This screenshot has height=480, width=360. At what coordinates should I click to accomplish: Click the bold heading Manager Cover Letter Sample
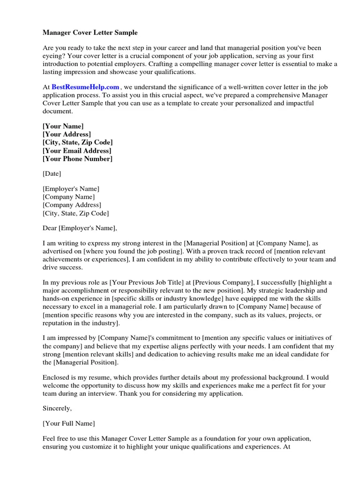[90, 33]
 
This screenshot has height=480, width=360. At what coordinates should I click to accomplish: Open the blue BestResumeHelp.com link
[85, 87]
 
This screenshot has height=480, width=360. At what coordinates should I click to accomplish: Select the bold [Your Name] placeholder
[63, 127]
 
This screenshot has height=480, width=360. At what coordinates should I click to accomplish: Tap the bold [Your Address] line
[67, 135]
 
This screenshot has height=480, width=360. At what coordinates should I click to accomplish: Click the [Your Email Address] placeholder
[77, 151]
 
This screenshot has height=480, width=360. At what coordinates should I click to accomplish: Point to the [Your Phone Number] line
[77, 159]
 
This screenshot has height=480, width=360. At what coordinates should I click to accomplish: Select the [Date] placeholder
[52, 174]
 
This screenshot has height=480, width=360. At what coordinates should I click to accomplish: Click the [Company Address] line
[72, 205]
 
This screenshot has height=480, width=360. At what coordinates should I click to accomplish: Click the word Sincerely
[57, 408]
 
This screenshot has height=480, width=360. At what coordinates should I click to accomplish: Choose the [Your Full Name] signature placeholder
[69, 424]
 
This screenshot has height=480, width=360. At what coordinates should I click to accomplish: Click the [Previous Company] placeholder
[221, 283]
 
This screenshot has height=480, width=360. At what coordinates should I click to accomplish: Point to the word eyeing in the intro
[53, 56]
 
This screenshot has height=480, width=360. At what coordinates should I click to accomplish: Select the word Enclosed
[57, 377]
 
